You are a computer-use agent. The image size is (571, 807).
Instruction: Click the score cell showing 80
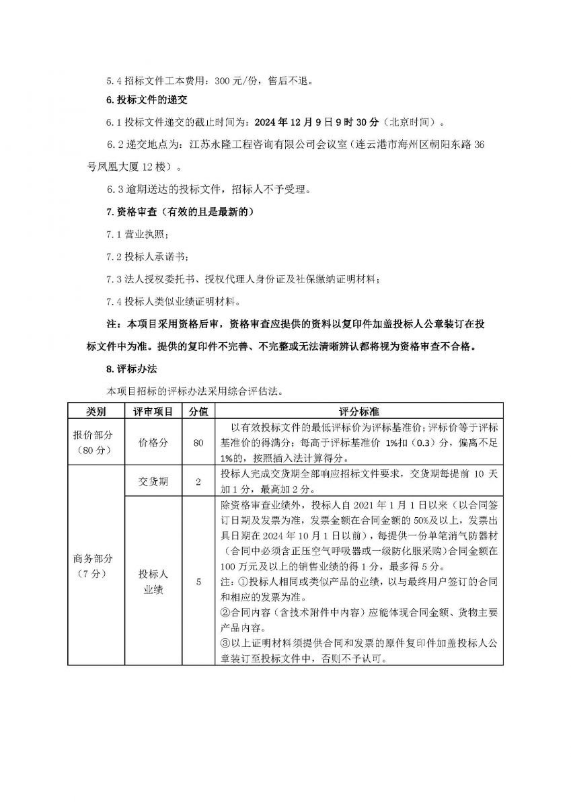point(198,443)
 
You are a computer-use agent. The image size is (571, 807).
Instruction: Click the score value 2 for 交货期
point(198,482)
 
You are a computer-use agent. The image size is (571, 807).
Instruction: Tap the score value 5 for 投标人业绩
point(198,582)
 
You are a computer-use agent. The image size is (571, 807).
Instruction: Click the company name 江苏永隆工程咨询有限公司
point(254,145)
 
